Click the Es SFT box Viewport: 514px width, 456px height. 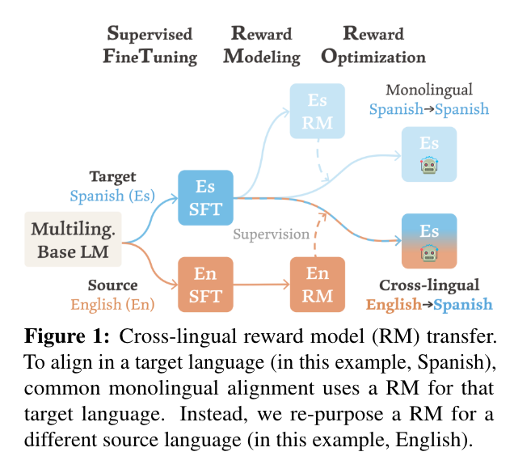click(x=205, y=196)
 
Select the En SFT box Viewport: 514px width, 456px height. click(x=205, y=285)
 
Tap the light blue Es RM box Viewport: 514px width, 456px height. click(x=318, y=111)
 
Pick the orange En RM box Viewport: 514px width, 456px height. click(x=318, y=284)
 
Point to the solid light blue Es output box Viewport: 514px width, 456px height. click(x=429, y=153)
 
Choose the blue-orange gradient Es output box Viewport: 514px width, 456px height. click(x=429, y=241)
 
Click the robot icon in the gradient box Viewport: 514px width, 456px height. click(x=429, y=254)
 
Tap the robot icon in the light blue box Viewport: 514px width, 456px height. click(x=429, y=167)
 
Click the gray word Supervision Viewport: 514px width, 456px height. click(x=272, y=234)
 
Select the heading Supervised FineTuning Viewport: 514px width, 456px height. click(x=151, y=45)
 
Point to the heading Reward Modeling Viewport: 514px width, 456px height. click(x=261, y=45)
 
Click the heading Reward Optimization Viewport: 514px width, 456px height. click(x=373, y=45)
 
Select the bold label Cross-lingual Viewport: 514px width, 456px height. click(x=429, y=285)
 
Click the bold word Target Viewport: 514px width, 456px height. click(x=112, y=176)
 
